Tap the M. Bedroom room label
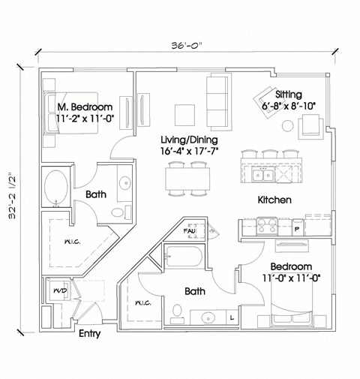click(85, 107)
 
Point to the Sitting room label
click(289, 95)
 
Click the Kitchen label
click(274, 200)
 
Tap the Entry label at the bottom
click(90, 334)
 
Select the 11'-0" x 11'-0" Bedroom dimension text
click(291, 278)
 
